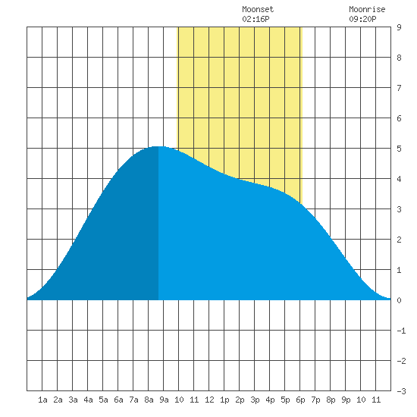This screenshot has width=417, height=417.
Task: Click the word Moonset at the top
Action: point(258,9)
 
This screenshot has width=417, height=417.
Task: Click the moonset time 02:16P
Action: point(256,19)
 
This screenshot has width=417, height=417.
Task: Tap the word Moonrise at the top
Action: point(367,9)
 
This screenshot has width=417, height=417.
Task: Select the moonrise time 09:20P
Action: point(362,19)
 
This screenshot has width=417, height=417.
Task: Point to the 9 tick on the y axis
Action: point(399,27)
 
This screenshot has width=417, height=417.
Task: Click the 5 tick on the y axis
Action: point(399,149)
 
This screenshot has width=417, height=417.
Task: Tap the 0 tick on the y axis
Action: point(399,300)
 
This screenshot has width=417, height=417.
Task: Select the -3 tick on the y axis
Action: point(401,391)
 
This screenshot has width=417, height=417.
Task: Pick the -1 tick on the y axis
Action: point(401,331)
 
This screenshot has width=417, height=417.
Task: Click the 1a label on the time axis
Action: point(42,400)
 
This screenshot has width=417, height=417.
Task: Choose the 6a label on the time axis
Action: point(118,400)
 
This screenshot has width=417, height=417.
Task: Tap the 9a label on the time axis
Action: point(164,400)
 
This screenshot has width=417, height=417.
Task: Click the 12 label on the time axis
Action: point(209,400)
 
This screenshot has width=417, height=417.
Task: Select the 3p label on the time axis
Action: point(255,400)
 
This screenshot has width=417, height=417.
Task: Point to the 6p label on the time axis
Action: point(300,400)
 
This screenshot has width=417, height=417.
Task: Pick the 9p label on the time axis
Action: point(346,400)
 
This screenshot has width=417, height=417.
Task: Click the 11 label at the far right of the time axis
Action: point(376,400)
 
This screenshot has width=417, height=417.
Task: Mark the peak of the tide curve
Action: point(158,146)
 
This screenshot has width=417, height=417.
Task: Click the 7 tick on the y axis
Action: point(399,88)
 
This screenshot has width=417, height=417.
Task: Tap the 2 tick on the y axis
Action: point(399,240)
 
